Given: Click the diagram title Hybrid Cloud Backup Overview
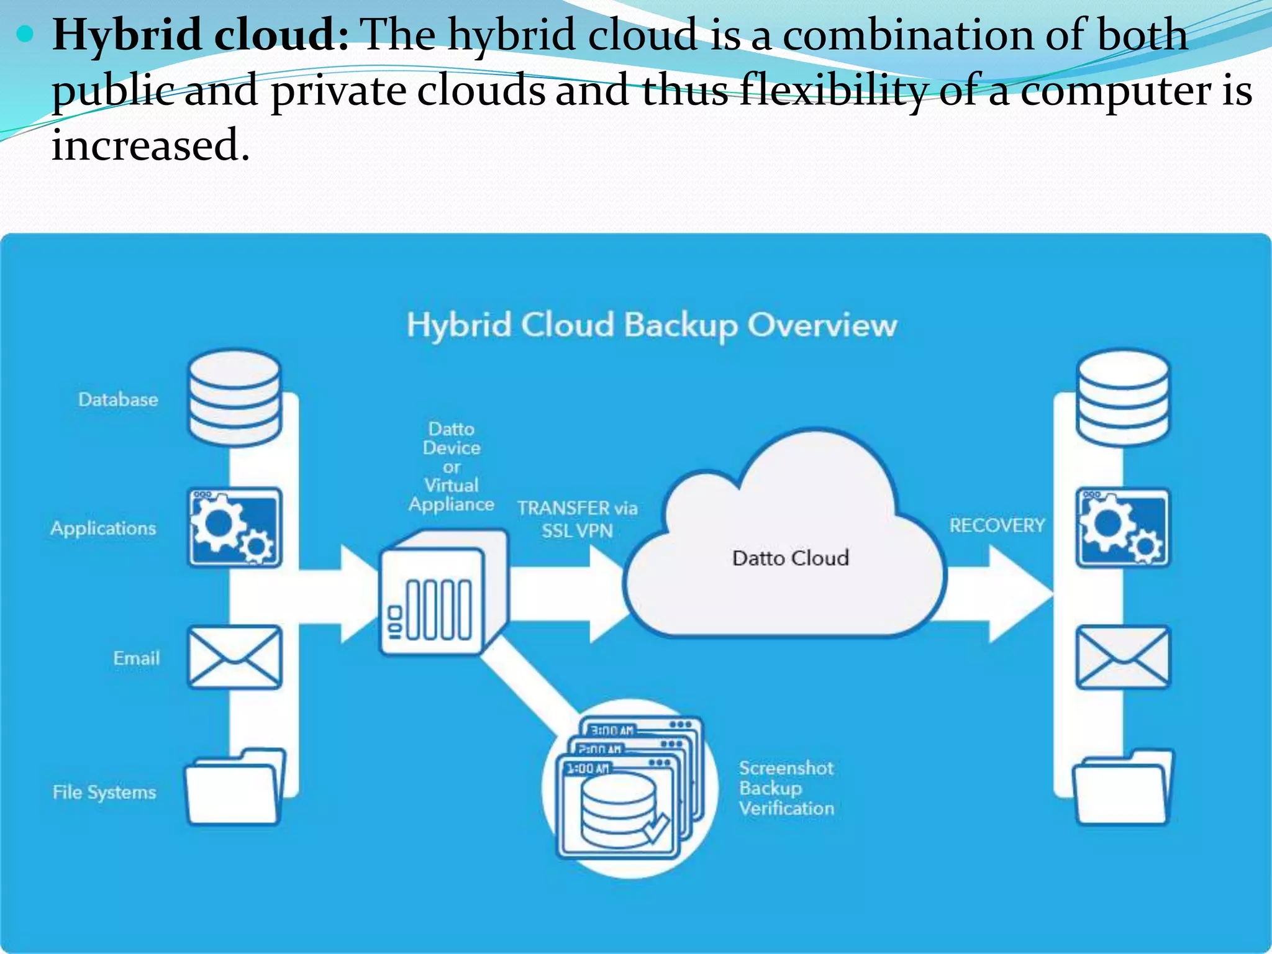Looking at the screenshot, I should click(x=652, y=325).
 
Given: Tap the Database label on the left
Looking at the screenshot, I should click(x=118, y=399).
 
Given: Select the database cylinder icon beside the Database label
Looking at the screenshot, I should click(x=235, y=397).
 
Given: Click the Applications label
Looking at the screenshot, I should click(x=104, y=528).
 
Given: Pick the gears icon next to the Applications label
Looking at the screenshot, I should click(x=235, y=527).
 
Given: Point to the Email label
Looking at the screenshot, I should click(x=136, y=658).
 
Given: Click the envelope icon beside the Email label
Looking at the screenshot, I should click(x=235, y=657).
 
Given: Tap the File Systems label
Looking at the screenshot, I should click(x=104, y=792).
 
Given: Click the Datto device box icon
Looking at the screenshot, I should click(x=442, y=593).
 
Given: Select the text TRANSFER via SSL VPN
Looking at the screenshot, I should click(x=577, y=519).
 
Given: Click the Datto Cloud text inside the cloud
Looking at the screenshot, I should click(x=790, y=558).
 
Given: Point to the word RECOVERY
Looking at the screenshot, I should click(x=997, y=525).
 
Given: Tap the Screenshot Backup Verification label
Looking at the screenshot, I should click(x=786, y=788).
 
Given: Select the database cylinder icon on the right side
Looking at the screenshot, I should click(x=1123, y=397).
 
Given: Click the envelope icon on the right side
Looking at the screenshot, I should click(x=1123, y=657).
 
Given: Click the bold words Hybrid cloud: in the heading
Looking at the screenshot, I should click(x=201, y=34).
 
